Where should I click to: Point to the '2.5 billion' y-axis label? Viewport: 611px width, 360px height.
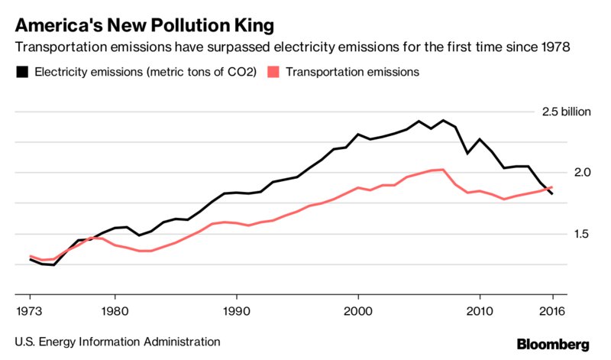(566, 112)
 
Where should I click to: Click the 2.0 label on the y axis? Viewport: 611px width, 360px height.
(561, 173)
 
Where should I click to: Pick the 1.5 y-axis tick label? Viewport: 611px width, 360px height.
(561, 234)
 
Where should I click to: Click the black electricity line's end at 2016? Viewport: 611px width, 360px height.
(552, 194)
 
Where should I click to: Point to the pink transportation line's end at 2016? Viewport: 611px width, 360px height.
(552, 187)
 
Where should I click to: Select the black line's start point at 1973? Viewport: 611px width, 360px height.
(31, 259)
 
